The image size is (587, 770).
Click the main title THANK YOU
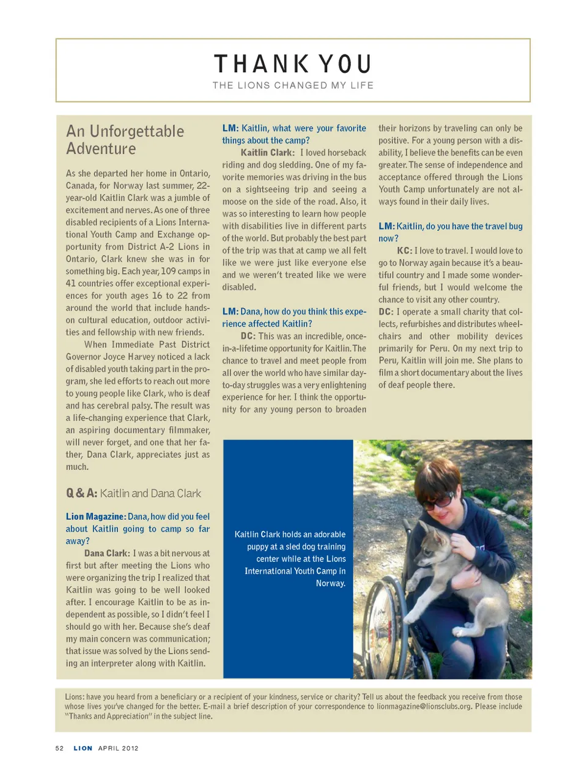(x=293, y=64)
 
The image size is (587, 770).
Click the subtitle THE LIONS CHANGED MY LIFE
(x=293, y=86)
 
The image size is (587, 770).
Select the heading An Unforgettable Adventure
(x=125, y=140)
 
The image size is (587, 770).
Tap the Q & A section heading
(x=133, y=493)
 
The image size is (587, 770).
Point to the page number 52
(x=59, y=748)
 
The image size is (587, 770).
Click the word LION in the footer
(x=83, y=748)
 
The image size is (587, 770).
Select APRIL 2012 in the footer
(x=118, y=748)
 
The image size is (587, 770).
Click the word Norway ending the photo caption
(x=330, y=584)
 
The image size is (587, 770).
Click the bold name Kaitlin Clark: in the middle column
(x=267, y=153)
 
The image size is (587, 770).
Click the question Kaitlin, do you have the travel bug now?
(x=450, y=232)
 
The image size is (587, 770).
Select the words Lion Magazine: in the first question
(x=96, y=516)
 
